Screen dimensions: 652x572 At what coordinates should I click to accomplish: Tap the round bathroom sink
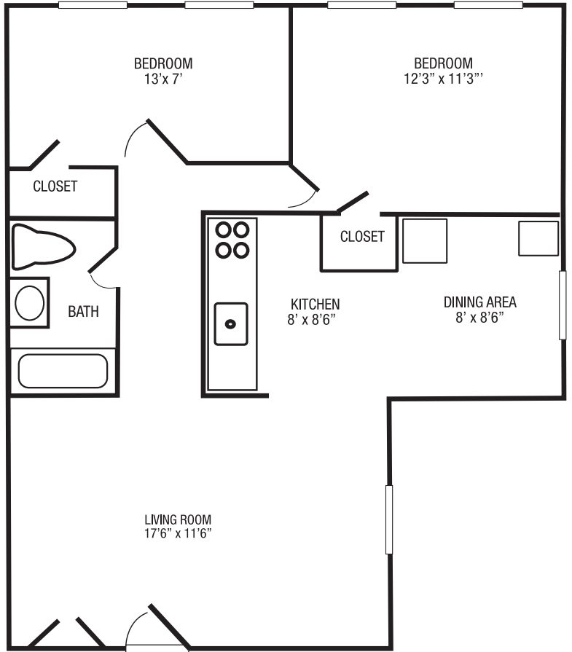point(30,303)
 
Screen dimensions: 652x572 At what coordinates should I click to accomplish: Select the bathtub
point(63,371)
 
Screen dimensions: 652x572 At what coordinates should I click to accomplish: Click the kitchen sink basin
point(231,323)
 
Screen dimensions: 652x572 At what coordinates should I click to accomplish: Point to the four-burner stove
point(232,240)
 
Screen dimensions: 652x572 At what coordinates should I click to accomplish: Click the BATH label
point(83,312)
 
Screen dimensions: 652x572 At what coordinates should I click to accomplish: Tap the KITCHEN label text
point(315,304)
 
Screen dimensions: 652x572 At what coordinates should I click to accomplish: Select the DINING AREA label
point(480,302)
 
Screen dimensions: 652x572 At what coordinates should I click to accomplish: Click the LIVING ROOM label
point(178,519)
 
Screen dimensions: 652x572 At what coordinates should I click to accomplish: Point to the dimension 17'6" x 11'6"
point(178,533)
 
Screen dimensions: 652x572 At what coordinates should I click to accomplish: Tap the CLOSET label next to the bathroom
point(55,186)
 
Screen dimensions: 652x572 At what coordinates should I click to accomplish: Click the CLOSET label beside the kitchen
point(362,237)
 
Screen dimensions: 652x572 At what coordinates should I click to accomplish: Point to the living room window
point(388,519)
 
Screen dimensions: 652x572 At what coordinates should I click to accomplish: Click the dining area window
point(562,305)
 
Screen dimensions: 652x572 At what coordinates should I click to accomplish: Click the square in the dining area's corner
point(538,238)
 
